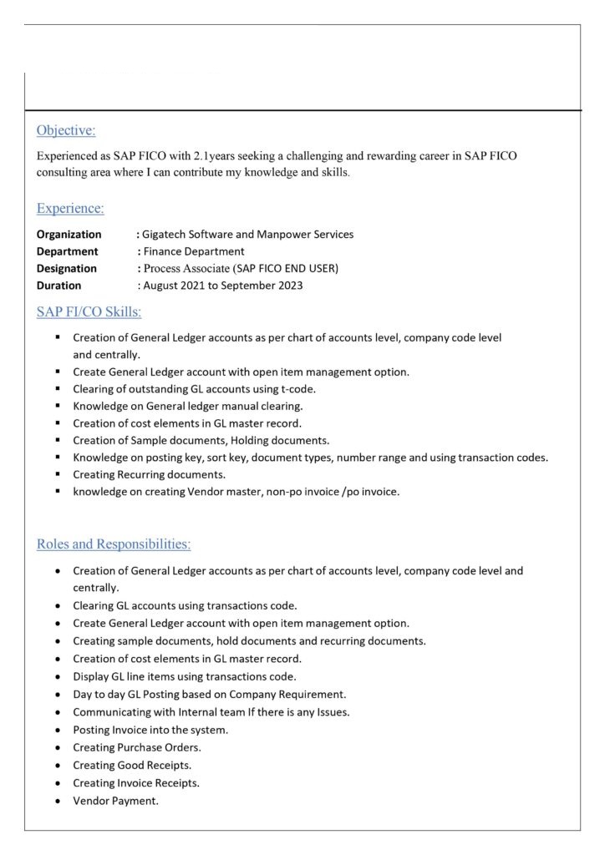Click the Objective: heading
tap(66, 130)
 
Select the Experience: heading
tap(70, 208)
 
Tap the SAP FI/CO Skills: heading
tap(89, 312)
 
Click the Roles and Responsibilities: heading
tap(114, 544)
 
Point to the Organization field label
tap(69, 234)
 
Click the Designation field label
tap(67, 268)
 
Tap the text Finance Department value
tap(194, 251)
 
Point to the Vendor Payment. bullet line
tap(115, 802)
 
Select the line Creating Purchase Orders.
tap(137, 747)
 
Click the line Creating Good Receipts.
tap(132, 765)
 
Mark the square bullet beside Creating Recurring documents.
tap(58, 474)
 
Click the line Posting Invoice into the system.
tap(150, 729)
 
